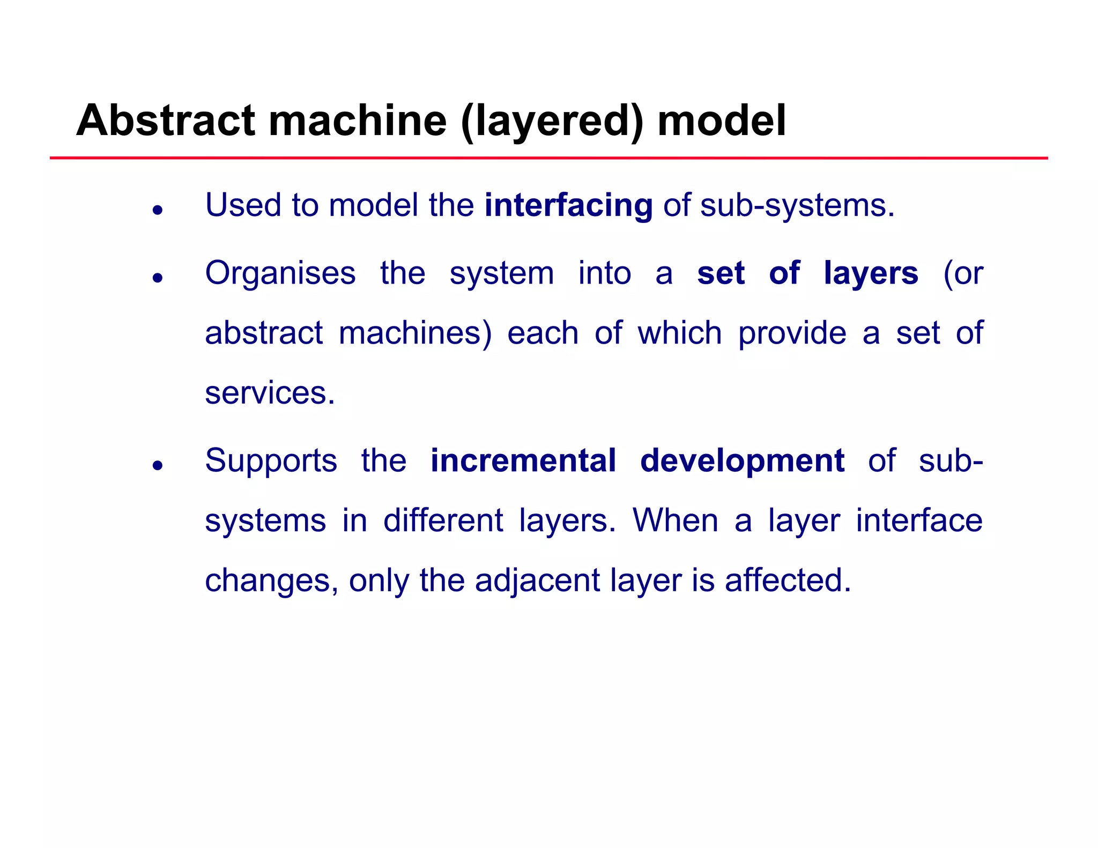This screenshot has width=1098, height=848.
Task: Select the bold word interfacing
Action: pos(568,206)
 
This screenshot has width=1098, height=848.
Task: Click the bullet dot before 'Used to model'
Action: pos(157,210)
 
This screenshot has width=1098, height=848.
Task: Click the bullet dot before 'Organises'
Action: pos(157,278)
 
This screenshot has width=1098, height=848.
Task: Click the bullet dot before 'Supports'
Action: pos(157,465)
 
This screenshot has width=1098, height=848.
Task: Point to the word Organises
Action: pos(280,274)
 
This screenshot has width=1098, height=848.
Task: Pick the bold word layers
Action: pos(871,274)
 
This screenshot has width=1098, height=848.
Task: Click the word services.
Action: pos(270,393)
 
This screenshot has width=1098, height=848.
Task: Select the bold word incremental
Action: pos(523,461)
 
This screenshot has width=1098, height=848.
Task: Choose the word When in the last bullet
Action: pos(675,520)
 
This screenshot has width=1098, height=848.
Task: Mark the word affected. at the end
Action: pos(788,581)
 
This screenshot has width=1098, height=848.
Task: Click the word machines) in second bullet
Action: pos(415,333)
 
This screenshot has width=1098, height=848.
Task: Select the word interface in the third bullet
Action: pos(918,520)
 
